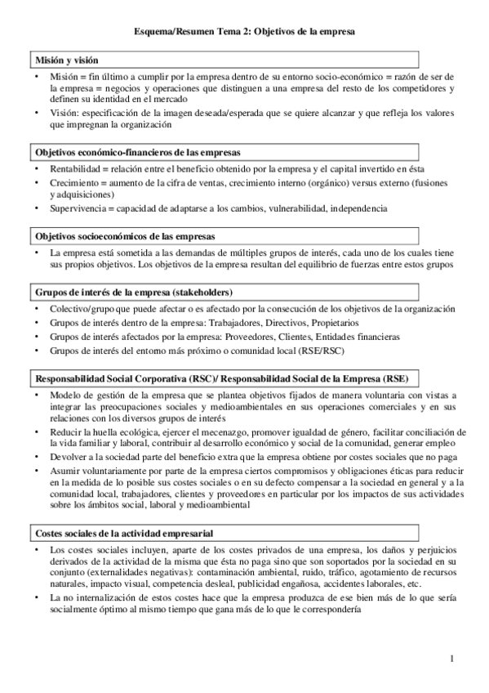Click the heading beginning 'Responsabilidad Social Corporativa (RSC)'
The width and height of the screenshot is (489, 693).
pyautogui.click(x=220, y=378)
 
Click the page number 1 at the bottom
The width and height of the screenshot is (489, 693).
pyautogui.click(x=452, y=658)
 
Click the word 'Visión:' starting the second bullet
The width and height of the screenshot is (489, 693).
pyautogui.click(x=64, y=113)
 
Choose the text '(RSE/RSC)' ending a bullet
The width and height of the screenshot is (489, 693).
pyautogui.click(x=321, y=349)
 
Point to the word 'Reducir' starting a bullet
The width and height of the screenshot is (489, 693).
pyautogui.click(x=66, y=431)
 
